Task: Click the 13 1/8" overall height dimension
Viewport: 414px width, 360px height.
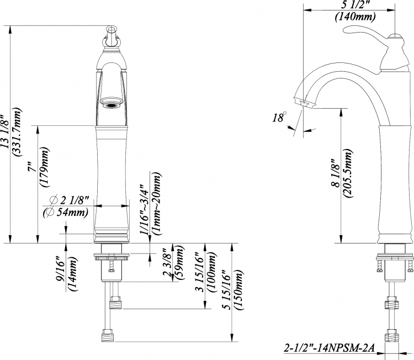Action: (x=6, y=131)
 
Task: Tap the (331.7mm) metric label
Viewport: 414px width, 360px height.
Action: (x=17, y=132)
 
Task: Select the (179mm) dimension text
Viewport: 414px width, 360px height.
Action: (x=44, y=167)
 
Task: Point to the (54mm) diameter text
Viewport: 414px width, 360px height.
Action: (x=66, y=213)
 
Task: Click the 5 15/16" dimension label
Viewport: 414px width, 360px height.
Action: (x=227, y=290)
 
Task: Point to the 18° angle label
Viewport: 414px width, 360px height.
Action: (x=279, y=117)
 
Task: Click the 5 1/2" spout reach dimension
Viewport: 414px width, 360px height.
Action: (x=355, y=5)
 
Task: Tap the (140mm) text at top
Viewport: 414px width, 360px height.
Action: (x=355, y=17)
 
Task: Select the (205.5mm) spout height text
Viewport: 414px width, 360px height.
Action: (x=348, y=173)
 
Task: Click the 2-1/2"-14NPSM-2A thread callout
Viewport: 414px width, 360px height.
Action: (x=329, y=348)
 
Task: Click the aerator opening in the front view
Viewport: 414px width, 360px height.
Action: (x=112, y=105)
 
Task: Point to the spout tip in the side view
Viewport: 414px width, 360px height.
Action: (x=304, y=102)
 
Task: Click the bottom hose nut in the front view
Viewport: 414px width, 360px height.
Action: (x=108, y=335)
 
